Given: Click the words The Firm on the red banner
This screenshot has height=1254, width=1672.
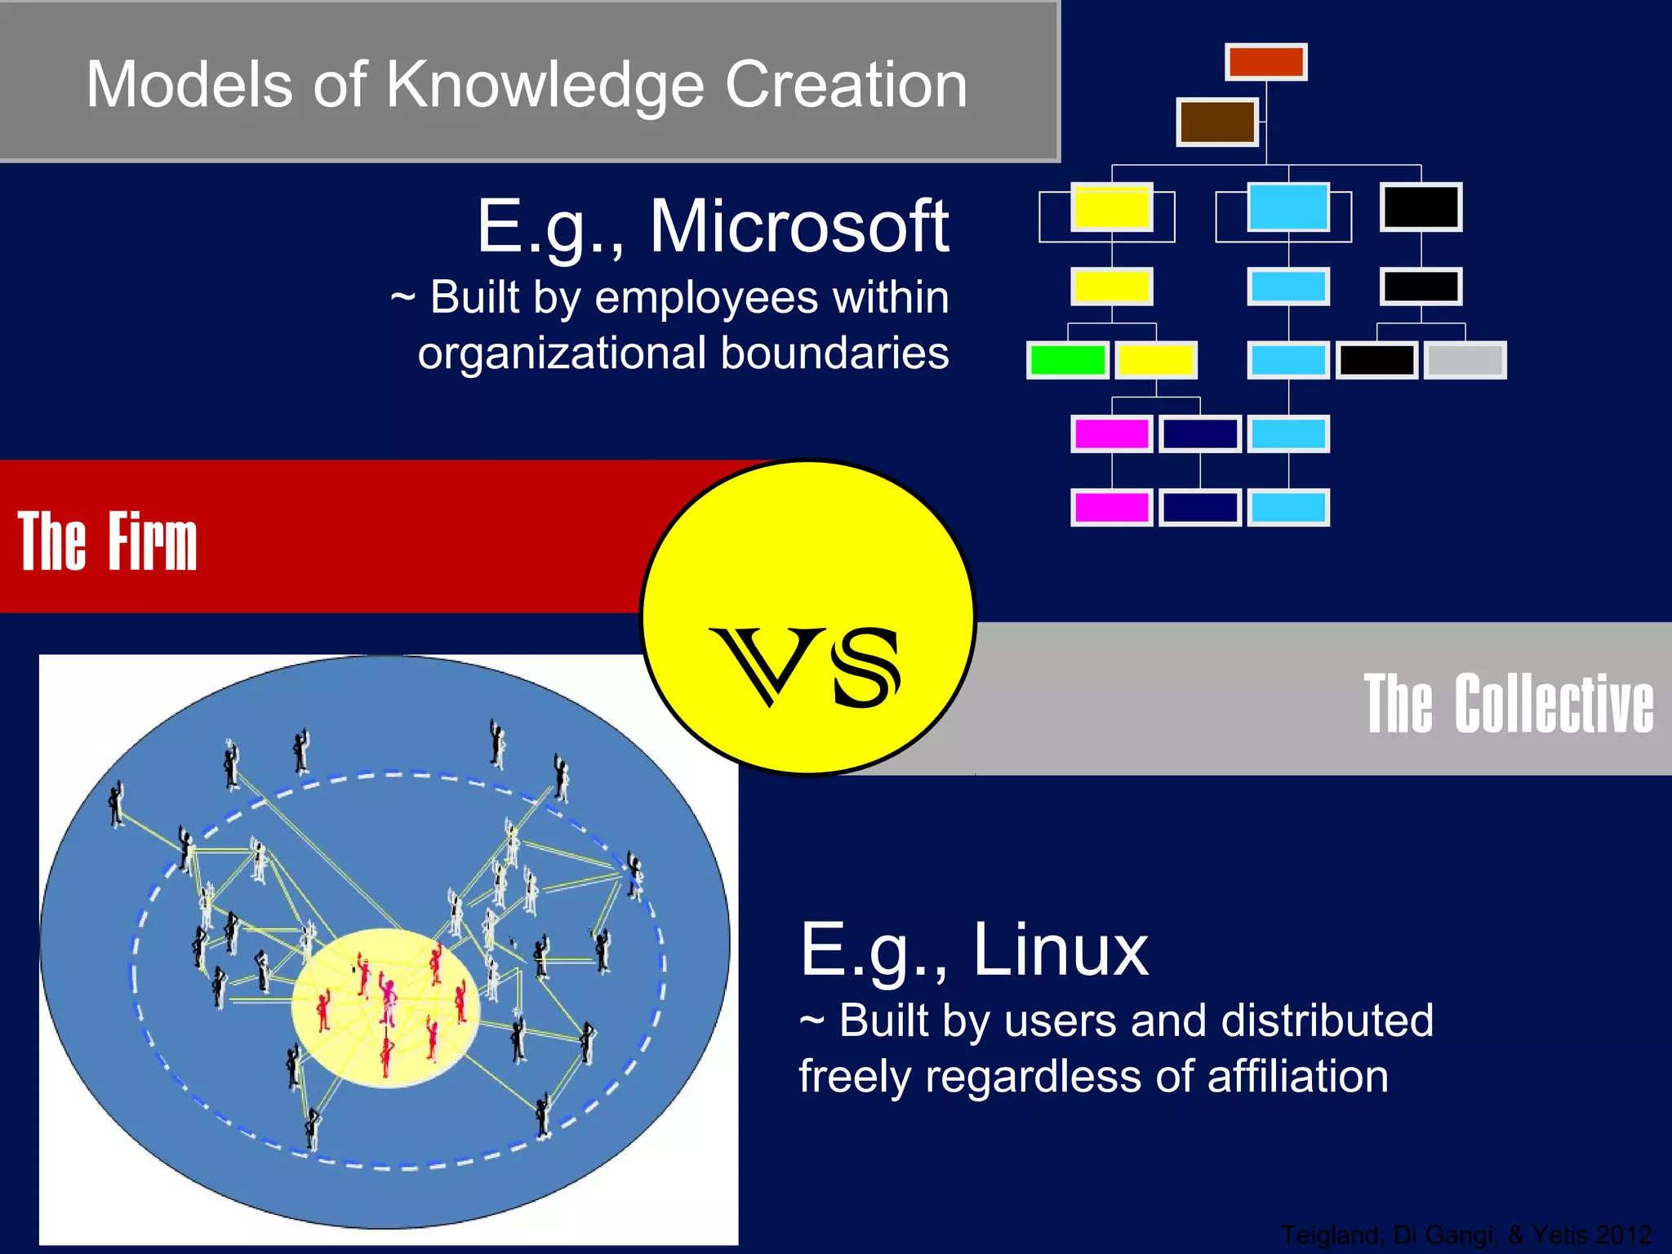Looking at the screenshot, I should pyautogui.click(x=107, y=541).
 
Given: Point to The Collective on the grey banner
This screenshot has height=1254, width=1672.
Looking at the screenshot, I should pyautogui.click(x=1509, y=703).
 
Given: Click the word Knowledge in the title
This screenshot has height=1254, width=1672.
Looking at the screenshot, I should pyautogui.click(x=544, y=85).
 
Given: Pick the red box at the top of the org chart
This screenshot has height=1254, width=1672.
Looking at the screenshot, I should pyautogui.click(x=1265, y=62).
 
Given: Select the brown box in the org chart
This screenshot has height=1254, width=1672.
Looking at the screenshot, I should pyautogui.click(x=1216, y=122).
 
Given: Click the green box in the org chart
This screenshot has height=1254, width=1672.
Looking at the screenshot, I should pyautogui.click(x=1067, y=360).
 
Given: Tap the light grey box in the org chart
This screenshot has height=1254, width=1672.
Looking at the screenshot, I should pyautogui.click(x=1465, y=360).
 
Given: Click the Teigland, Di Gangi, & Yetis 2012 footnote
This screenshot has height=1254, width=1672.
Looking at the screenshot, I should pyautogui.click(x=1466, y=1234).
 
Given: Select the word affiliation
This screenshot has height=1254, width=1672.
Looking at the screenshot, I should pyautogui.click(x=1297, y=1076).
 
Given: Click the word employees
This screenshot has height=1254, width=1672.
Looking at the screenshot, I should pyautogui.click(x=706, y=297).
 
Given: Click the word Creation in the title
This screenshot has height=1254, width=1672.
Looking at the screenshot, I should pyautogui.click(x=846, y=85).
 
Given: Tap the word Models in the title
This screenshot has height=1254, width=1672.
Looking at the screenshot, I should pyautogui.click(x=189, y=85).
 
